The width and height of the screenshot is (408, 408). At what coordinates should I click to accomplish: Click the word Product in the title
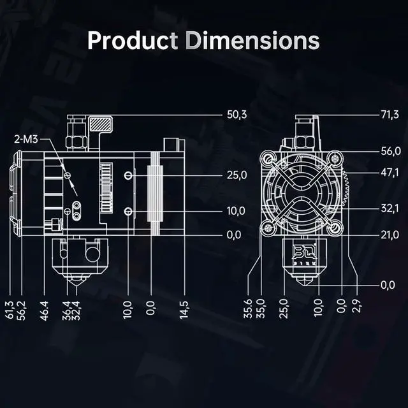click(x=132, y=40)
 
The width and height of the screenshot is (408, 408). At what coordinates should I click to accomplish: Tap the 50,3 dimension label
click(x=237, y=115)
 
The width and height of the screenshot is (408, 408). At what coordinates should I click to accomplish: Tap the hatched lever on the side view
click(x=100, y=124)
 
